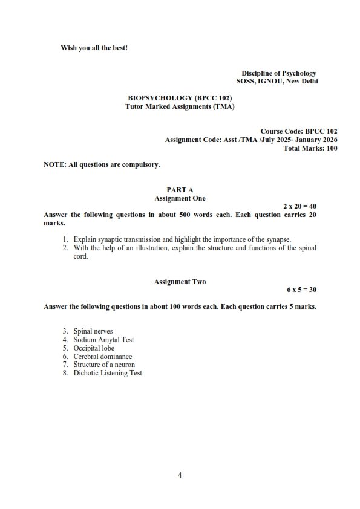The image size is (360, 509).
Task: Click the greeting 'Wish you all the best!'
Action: point(94,48)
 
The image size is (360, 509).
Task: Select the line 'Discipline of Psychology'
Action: point(279,73)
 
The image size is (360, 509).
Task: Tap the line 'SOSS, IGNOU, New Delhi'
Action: point(277,81)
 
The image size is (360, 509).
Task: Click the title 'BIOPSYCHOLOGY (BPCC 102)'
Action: point(180,98)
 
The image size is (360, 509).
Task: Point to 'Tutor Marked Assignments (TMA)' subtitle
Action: point(180,106)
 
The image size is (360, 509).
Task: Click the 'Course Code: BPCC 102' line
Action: point(299,131)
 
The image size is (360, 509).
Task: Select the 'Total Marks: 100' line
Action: point(310,148)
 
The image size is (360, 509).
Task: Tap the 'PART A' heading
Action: point(180,190)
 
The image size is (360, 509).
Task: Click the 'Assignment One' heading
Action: point(180,198)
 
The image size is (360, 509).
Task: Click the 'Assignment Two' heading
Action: point(180,282)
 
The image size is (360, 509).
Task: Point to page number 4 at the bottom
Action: point(180,475)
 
